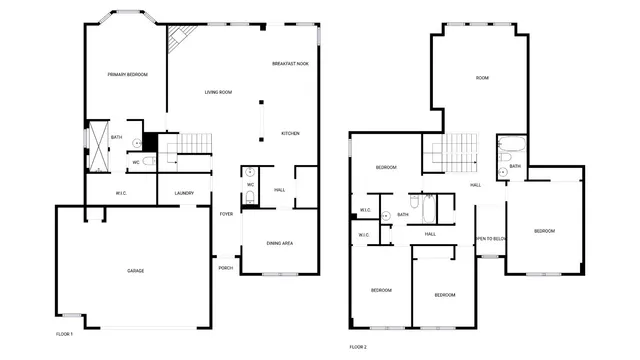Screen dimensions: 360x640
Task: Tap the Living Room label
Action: (218, 92)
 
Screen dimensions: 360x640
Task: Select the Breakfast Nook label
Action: (290, 64)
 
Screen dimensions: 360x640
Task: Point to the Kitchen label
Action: (290, 133)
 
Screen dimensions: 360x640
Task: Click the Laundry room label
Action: (184, 193)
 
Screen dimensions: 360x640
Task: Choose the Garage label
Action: (135, 271)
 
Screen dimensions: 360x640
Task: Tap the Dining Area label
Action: (280, 243)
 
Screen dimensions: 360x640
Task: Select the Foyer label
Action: (227, 214)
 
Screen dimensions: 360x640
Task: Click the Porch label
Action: (226, 268)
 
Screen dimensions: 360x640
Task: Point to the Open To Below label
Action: (490, 238)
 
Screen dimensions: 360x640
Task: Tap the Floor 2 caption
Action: (358, 346)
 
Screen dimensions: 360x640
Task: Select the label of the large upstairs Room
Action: (482, 77)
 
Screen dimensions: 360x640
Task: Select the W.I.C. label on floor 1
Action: (121, 193)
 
